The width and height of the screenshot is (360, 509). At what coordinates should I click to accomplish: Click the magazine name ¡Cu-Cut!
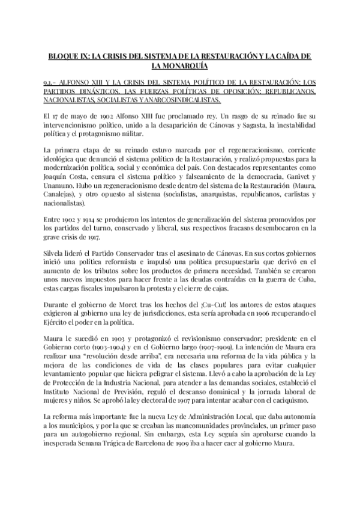pyautogui.click(x=181, y=304)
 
